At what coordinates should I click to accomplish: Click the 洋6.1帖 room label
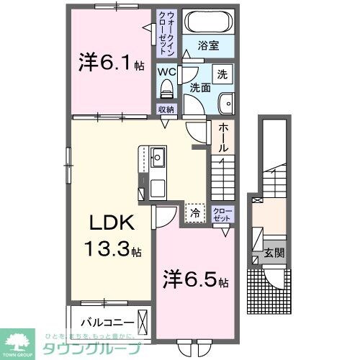coord(105,63)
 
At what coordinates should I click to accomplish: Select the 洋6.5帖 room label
coord(195,278)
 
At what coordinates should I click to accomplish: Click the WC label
coord(167,73)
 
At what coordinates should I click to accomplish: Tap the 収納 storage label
coord(166,109)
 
